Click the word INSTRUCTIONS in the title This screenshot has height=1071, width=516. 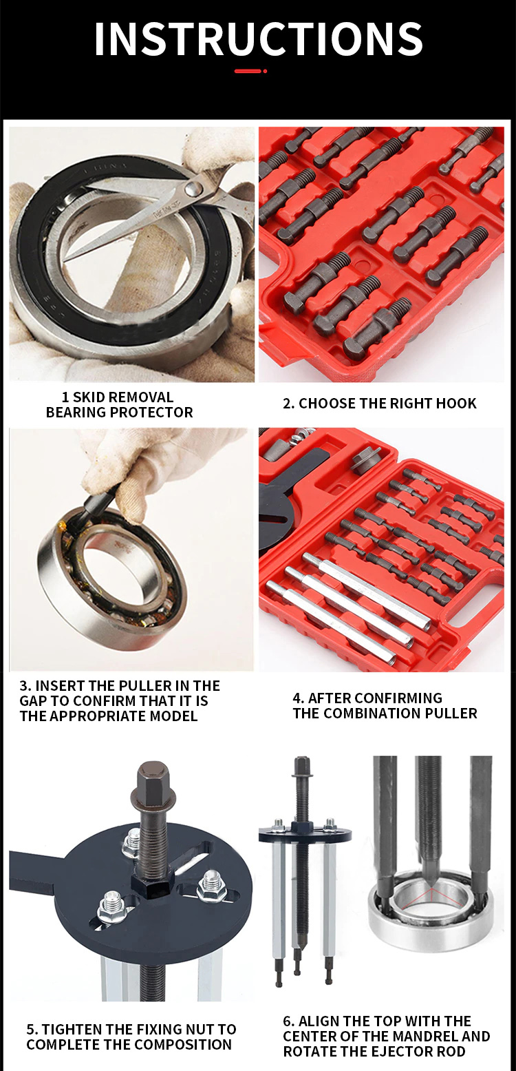(259, 39)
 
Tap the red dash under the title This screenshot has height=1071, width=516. (248, 71)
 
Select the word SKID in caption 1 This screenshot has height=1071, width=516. (90, 397)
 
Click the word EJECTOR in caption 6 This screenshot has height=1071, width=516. (390, 1052)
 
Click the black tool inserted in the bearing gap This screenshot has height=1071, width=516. (96, 507)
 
